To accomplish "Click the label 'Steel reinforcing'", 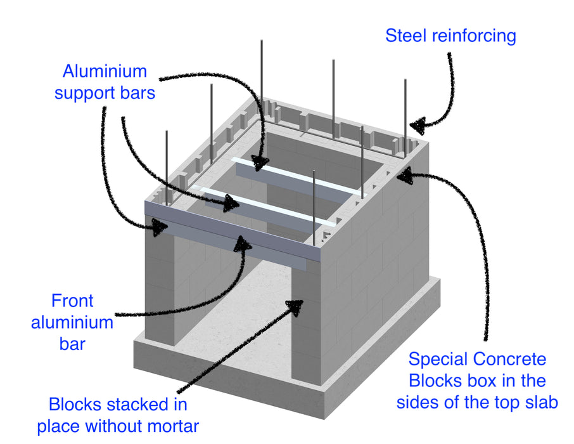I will (x=450, y=35).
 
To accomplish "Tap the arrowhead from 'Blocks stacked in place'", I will (x=295, y=305).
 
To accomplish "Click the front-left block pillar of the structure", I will (x=160, y=285).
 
